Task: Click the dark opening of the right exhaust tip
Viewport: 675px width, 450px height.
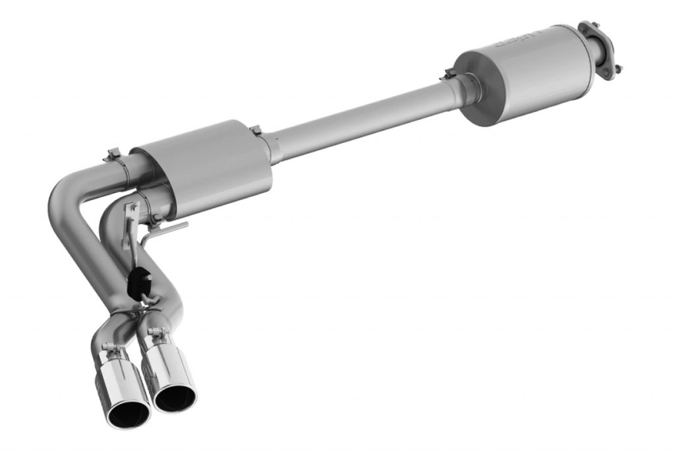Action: coord(176,397)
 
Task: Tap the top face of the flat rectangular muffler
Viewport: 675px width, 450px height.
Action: coord(198,142)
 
